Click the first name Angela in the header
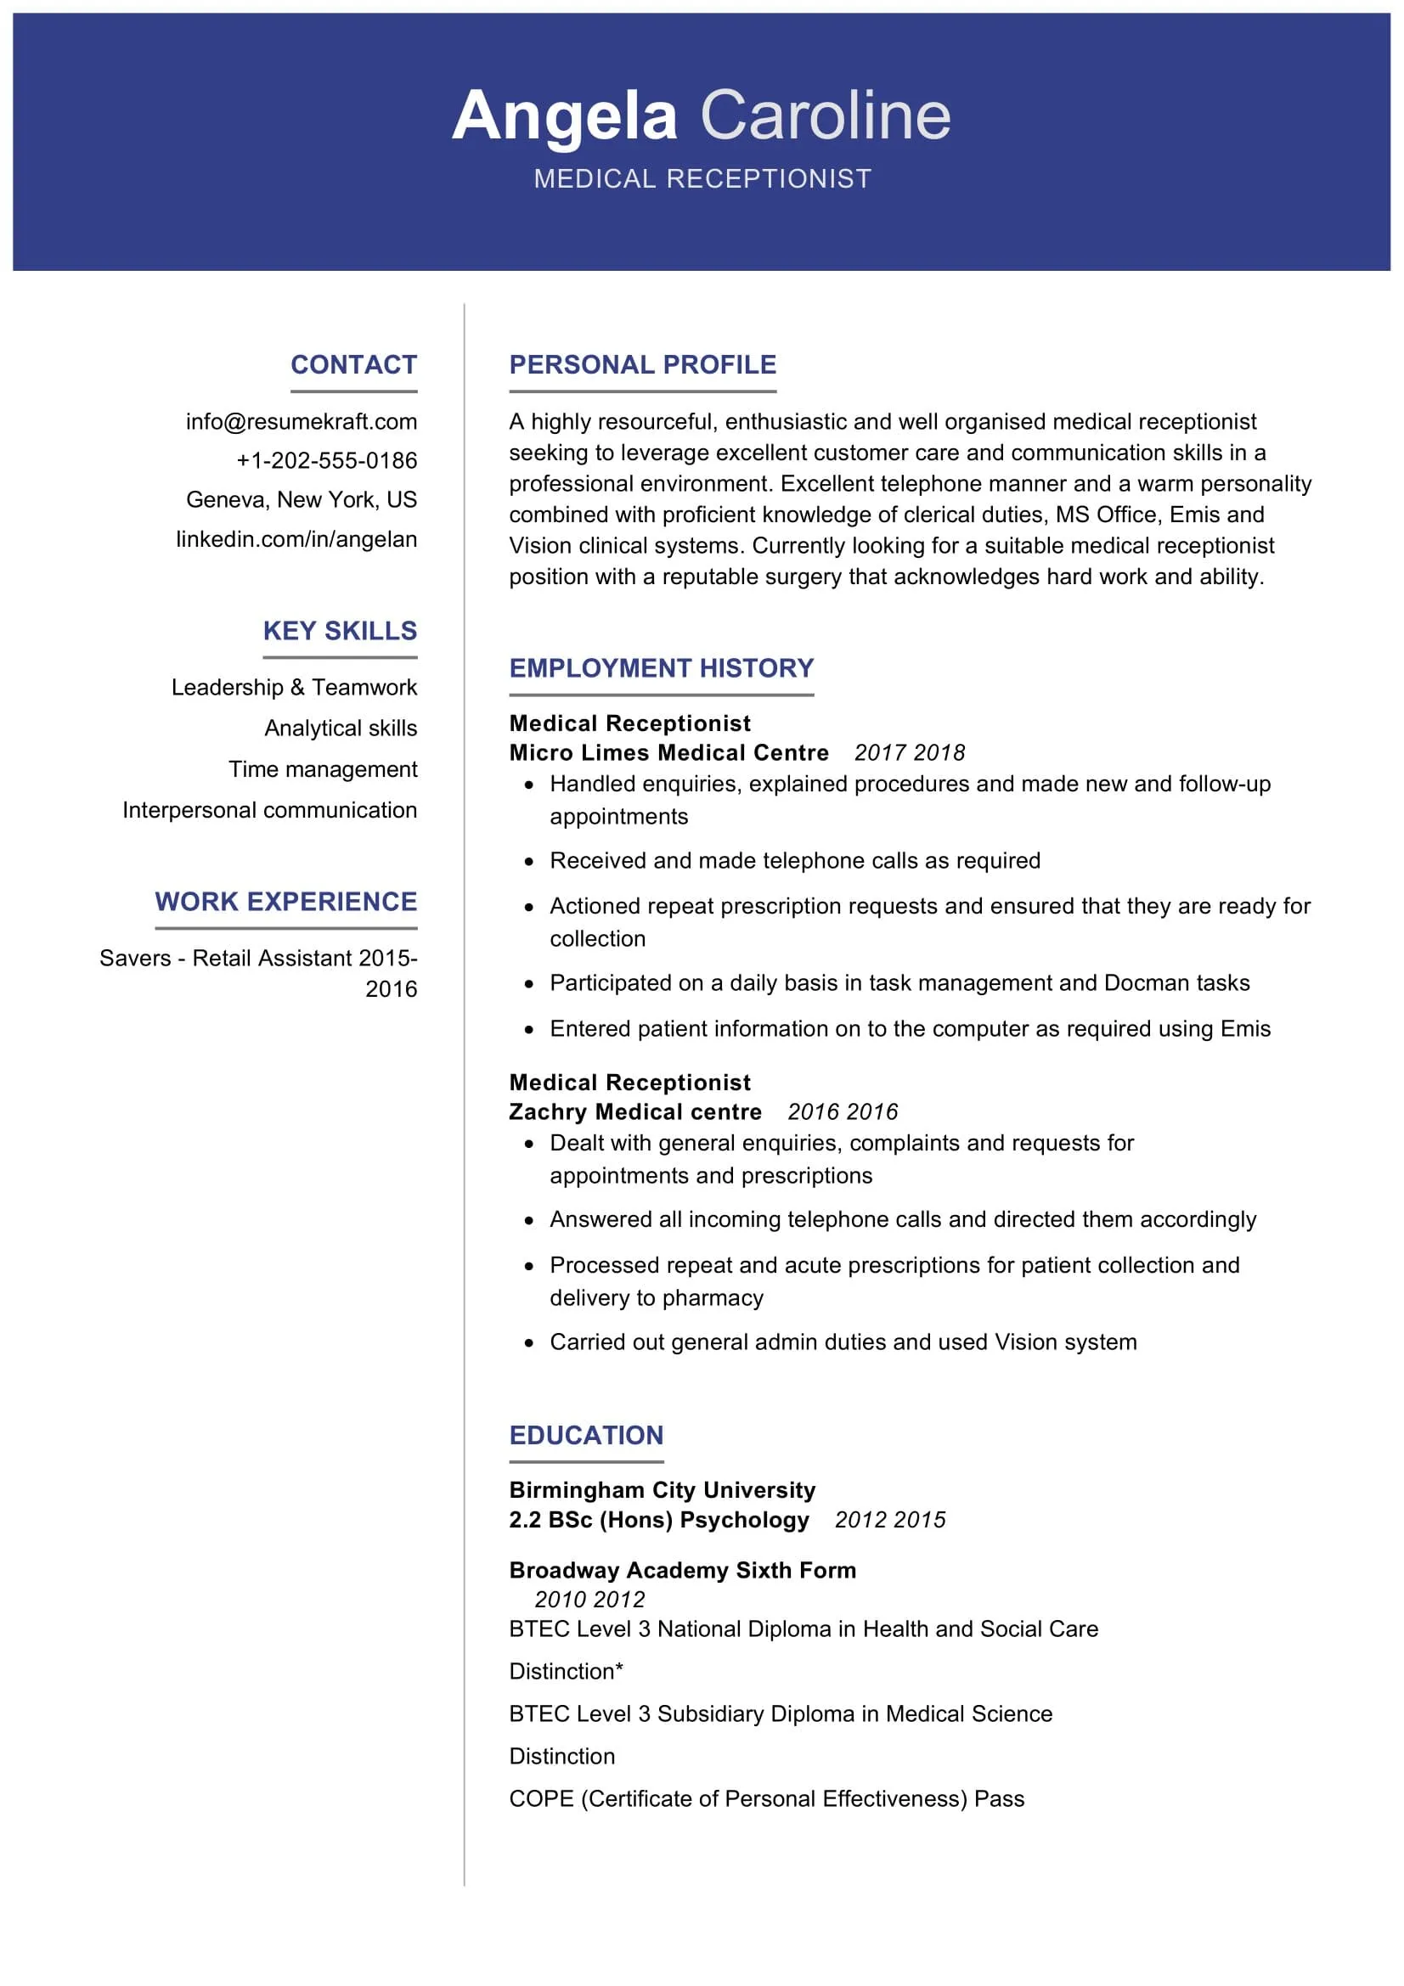point(564,116)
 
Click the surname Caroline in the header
point(825,116)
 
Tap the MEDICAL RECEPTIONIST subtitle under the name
point(702,178)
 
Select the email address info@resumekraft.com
point(301,421)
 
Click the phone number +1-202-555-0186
point(326,460)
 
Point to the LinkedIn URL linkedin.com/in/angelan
point(296,539)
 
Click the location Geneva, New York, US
point(301,499)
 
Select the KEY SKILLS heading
point(340,631)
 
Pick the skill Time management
point(323,769)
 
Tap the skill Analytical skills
point(341,729)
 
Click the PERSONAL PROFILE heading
point(643,364)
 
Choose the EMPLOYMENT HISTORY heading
point(662,667)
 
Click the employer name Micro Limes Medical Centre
point(668,752)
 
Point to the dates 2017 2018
point(909,752)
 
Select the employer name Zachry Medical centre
point(635,1111)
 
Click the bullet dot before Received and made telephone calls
point(529,862)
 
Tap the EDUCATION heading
point(587,1435)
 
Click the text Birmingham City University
point(662,1489)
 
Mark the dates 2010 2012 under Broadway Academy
point(589,1600)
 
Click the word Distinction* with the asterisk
point(566,1671)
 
